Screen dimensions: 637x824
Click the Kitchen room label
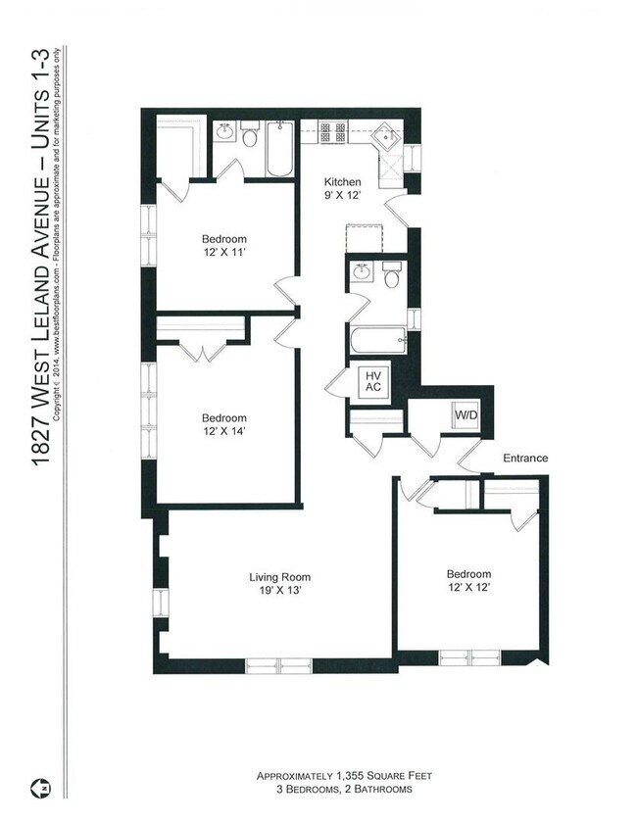click(342, 182)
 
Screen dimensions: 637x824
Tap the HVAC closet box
click(372, 381)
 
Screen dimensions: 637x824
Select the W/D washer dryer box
click(466, 414)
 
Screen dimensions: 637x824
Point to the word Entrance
click(525, 458)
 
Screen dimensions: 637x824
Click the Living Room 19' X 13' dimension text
click(279, 590)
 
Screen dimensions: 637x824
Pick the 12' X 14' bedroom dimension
click(224, 431)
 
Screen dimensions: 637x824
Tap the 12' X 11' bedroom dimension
click(224, 252)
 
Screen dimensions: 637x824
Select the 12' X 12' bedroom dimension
click(468, 587)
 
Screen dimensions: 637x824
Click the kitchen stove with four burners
click(333, 131)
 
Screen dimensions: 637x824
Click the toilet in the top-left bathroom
click(249, 135)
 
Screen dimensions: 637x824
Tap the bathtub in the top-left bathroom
click(279, 149)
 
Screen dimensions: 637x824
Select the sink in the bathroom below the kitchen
click(362, 272)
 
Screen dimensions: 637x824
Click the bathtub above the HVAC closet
click(379, 341)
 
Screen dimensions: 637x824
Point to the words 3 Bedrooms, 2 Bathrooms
click(344, 789)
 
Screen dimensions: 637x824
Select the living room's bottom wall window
click(278, 666)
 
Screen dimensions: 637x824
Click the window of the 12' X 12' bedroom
click(469, 657)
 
